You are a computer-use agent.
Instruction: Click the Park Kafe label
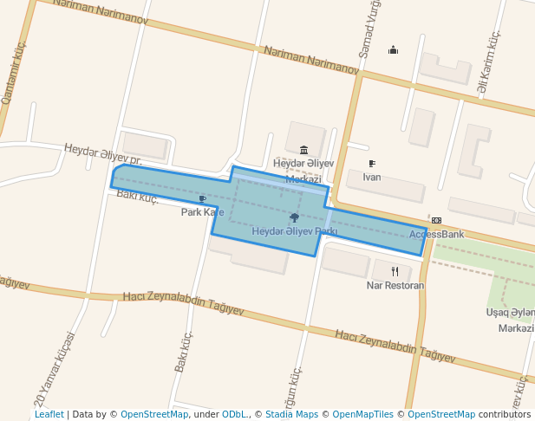pos(202,212)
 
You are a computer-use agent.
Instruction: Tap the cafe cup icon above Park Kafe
pos(202,199)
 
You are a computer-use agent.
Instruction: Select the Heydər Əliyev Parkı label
pos(294,231)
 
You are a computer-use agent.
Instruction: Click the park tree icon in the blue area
pos(295,217)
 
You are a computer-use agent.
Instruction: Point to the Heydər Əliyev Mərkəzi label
pos(303,171)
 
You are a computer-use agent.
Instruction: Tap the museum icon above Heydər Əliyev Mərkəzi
pos(303,150)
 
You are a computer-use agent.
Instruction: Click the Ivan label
pos(371,178)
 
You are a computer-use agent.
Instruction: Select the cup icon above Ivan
pos(372,164)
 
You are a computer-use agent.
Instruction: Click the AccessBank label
pos(436,234)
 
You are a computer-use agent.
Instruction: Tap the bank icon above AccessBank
pos(436,221)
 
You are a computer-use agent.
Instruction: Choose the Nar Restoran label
pos(395,285)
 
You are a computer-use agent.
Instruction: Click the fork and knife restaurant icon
pos(395,271)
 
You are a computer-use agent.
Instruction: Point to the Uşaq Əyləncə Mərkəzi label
pos(510,320)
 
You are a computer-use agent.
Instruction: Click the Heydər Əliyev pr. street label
pos(102,154)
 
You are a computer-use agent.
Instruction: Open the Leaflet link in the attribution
pos(49,414)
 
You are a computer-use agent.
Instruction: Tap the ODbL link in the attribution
pos(234,414)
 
